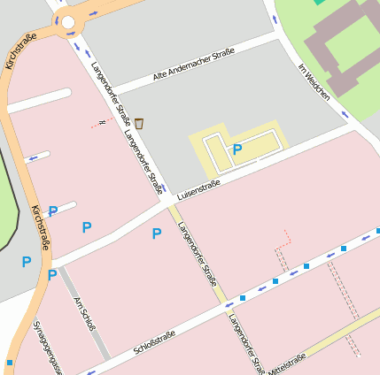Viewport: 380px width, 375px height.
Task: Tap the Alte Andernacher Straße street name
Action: tap(193, 66)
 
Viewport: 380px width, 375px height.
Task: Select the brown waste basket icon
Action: tap(139, 123)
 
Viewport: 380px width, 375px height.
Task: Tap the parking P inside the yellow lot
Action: tap(237, 149)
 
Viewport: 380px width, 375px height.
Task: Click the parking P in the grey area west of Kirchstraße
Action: tap(26, 262)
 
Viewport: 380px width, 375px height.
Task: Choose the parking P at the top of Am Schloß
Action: tap(52, 275)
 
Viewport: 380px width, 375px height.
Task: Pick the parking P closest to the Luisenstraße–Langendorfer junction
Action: tap(157, 233)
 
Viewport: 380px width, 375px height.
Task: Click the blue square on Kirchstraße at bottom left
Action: tap(9, 363)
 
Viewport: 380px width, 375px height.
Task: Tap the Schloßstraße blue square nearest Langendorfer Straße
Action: tap(242, 298)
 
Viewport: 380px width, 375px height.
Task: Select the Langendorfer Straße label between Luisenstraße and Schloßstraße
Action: tap(197, 250)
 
